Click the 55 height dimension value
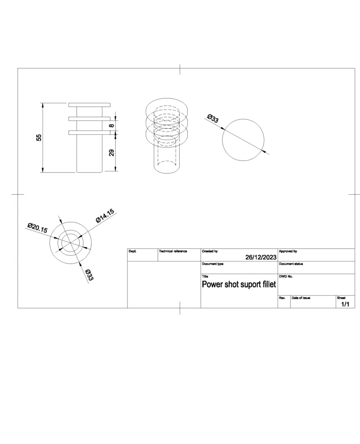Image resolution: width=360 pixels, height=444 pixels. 39,137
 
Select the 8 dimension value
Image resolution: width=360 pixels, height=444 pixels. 111,125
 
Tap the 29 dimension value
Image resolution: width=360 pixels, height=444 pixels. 111,153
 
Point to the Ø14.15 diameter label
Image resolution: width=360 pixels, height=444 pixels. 105,216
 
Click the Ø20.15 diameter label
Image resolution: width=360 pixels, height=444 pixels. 37,228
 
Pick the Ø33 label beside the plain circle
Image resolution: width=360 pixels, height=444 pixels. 213,118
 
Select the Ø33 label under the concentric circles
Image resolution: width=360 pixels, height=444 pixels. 89,274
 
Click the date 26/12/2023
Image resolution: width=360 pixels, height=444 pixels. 261,257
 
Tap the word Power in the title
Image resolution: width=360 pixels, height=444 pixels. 212,284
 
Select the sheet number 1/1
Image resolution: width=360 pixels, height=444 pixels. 345,304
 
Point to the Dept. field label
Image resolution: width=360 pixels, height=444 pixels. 133,251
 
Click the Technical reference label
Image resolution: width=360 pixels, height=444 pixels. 173,251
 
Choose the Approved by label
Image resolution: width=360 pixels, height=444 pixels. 288,251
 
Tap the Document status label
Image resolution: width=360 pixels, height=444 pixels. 291,264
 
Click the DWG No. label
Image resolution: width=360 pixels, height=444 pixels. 285,276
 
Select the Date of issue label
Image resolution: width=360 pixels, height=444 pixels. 301,298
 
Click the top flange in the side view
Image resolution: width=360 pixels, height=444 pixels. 89,105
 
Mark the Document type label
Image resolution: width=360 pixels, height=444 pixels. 213,264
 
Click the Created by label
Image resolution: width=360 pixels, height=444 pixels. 209,251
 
